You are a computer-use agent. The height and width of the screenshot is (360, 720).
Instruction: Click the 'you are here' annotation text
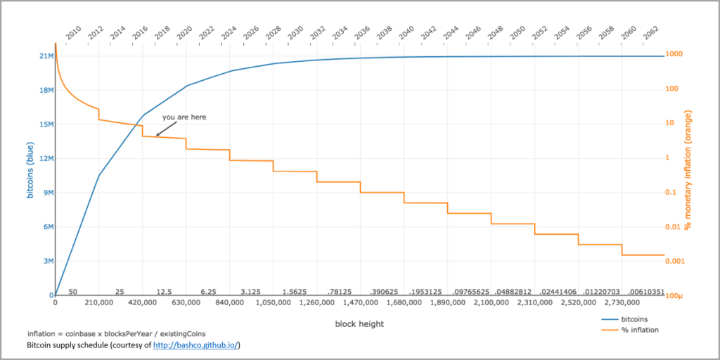tap(185, 117)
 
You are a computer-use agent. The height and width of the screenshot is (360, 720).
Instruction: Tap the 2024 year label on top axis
tap(229, 33)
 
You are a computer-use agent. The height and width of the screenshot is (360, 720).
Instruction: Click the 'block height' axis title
tap(359, 323)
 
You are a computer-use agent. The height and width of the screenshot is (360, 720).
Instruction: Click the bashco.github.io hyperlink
tap(195, 345)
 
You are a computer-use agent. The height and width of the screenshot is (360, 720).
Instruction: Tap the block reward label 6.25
tap(208, 292)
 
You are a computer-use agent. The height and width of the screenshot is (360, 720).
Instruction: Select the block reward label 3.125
tap(251, 292)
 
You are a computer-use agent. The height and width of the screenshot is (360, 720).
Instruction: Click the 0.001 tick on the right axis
tap(675, 262)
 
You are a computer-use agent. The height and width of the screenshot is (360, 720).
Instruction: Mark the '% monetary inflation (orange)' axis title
tap(688, 169)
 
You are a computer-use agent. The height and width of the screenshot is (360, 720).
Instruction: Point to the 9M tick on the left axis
tap(49, 193)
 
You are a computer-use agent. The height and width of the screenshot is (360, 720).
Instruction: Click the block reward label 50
tap(72, 292)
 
